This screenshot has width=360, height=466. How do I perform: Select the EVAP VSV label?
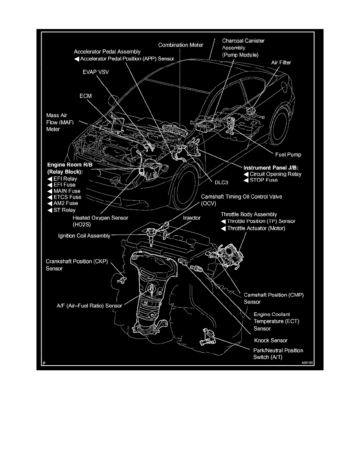(x=93, y=73)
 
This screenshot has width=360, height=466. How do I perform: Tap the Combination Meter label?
(x=181, y=45)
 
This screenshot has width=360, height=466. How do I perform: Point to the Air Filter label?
(x=281, y=62)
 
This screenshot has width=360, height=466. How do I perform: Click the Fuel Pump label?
(x=287, y=155)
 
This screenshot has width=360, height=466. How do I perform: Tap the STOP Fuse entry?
(x=263, y=180)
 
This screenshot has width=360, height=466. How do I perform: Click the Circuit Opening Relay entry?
(x=275, y=174)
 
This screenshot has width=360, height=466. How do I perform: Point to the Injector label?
(x=191, y=218)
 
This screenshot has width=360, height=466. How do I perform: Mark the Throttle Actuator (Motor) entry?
(x=256, y=228)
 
